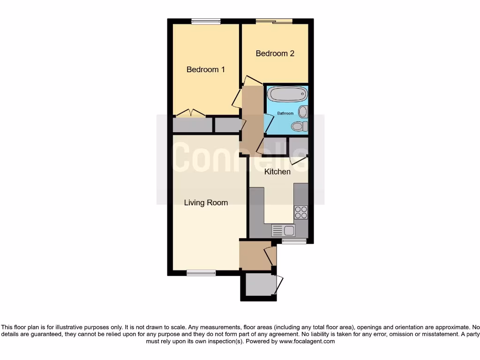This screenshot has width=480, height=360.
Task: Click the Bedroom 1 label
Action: (x=206, y=69)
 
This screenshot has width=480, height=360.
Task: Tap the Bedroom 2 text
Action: (x=275, y=53)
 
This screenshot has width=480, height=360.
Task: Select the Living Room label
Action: (x=206, y=202)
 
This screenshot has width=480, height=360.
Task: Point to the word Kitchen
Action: (x=277, y=172)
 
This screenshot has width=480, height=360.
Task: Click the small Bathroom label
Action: (x=285, y=113)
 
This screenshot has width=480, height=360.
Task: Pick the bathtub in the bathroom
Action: (x=287, y=94)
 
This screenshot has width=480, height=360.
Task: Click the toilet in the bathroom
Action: (x=299, y=126)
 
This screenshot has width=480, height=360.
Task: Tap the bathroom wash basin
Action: (x=303, y=112)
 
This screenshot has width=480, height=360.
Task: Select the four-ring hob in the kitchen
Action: (x=301, y=212)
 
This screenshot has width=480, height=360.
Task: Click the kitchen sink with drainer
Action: (x=283, y=230)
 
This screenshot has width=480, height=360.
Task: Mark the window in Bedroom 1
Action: (x=206, y=21)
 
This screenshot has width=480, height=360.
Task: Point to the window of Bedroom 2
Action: (x=274, y=21)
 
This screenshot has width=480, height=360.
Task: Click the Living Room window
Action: (x=201, y=272)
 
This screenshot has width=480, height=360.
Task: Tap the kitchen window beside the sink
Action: (x=294, y=241)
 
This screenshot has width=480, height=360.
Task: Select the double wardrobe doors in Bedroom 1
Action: (x=190, y=113)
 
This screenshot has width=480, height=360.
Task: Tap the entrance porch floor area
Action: (x=253, y=255)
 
